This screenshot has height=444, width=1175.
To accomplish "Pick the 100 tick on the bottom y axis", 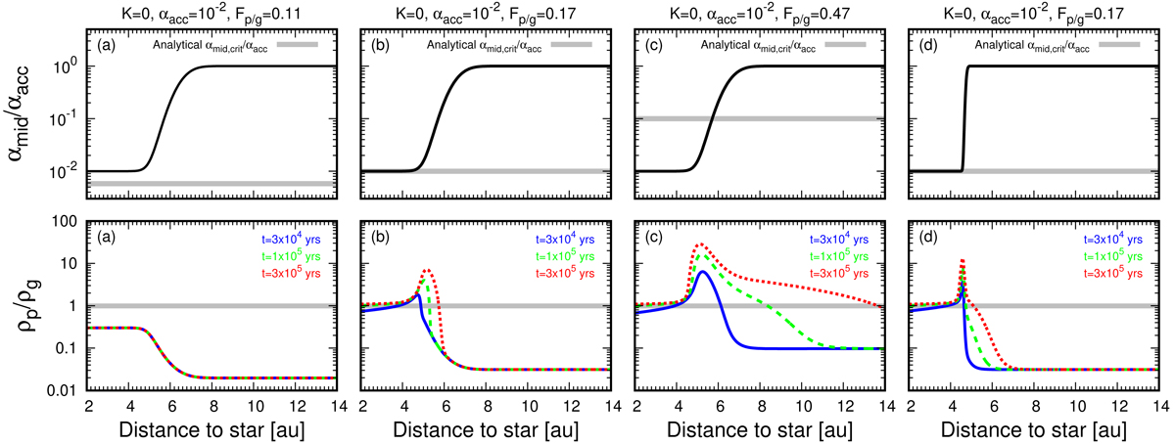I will click(64, 221).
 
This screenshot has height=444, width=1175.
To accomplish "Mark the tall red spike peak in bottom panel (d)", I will click(963, 261).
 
